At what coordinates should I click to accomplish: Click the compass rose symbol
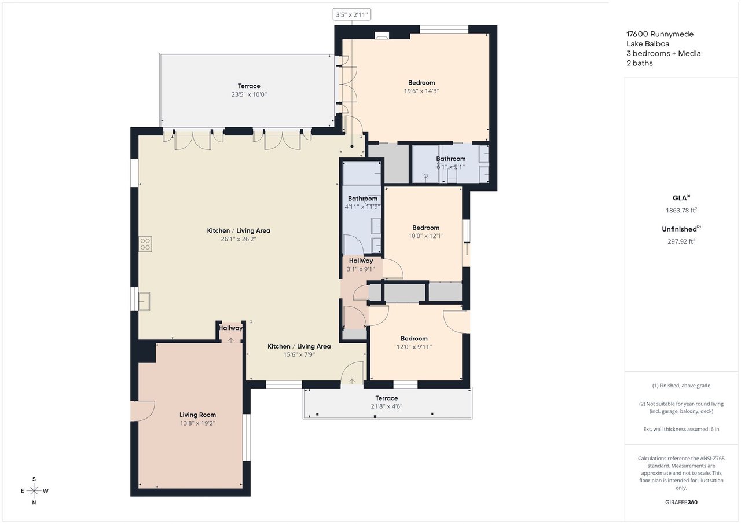pyautogui.click(x=34, y=490)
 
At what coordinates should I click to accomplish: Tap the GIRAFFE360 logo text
pyautogui.click(x=681, y=502)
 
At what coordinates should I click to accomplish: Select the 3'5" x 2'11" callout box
pyautogui.click(x=351, y=14)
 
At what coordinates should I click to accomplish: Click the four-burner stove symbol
pyautogui.click(x=145, y=244)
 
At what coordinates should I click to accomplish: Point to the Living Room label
pyautogui.click(x=197, y=415)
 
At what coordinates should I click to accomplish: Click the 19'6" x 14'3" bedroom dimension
pyautogui.click(x=421, y=91)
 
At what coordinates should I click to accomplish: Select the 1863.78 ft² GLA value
pyautogui.click(x=681, y=210)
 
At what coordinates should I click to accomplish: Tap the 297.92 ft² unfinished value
pyautogui.click(x=681, y=241)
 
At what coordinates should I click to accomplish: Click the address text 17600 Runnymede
pyautogui.click(x=660, y=34)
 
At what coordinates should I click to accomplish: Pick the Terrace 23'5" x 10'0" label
pyautogui.click(x=249, y=90)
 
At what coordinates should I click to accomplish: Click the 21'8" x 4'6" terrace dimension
pyautogui.click(x=386, y=406)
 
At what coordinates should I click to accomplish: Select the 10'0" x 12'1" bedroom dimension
pyautogui.click(x=425, y=236)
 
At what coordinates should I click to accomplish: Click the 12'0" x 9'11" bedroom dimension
pyautogui.click(x=414, y=347)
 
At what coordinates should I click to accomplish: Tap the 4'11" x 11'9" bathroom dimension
pyautogui.click(x=362, y=207)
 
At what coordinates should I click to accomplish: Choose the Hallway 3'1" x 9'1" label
pyautogui.click(x=361, y=265)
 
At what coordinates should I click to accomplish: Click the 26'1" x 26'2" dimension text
pyautogui.click(x=239, y=239)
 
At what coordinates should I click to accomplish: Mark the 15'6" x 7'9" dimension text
pyautogui.click(x=299, y=354)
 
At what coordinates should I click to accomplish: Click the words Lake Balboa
pyautogui.click(x=648, y=43)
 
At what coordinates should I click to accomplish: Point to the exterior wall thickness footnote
pyautogui.click(x=681, y=429)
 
